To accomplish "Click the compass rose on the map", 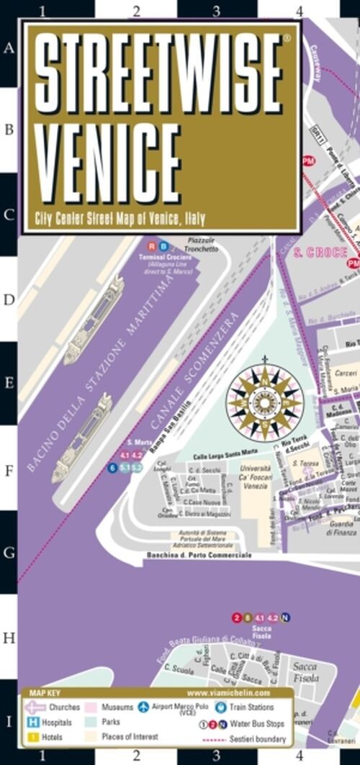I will [264, 401].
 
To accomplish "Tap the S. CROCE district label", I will [323, 253].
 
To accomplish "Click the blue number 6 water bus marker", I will [112, 468].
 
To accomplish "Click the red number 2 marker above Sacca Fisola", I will [237, 617].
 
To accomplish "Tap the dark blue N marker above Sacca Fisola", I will [286, 617].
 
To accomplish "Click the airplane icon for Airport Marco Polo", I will [143, 707].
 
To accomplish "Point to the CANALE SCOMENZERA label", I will [189, 364].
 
